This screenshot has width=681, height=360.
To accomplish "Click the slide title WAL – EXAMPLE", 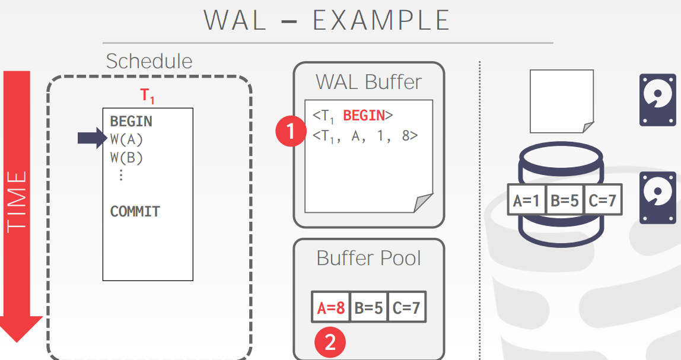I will (327, 20).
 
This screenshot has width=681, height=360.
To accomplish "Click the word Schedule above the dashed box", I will (149, 61).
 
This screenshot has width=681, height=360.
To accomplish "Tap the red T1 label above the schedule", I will (148, 96).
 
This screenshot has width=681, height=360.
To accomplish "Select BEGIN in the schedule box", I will (131, 122).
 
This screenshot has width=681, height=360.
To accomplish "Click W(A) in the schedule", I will (127, 140).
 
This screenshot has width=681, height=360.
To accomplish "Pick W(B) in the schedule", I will (127, 158).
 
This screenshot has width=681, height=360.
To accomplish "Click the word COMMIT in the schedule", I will (135, 212).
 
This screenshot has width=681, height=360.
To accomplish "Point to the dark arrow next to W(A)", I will (91, 139).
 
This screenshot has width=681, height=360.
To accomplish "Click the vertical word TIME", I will (17, 202).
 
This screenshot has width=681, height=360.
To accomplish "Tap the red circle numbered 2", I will (330, 342).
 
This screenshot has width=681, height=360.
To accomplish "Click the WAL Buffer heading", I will (368, 82).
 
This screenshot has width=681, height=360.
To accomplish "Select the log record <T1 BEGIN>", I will (353, 116).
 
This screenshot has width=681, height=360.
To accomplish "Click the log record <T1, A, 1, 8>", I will (365, 136).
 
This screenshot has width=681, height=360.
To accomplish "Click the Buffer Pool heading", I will (368, 258).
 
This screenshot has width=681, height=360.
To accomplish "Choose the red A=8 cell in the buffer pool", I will (330, 308).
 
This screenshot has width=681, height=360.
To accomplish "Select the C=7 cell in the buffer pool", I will (406, 308).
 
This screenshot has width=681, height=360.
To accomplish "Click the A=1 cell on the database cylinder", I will (526, 201).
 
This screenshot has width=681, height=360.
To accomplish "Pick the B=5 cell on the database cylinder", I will (564, 201).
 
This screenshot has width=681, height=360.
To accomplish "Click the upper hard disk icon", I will (657, 100).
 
